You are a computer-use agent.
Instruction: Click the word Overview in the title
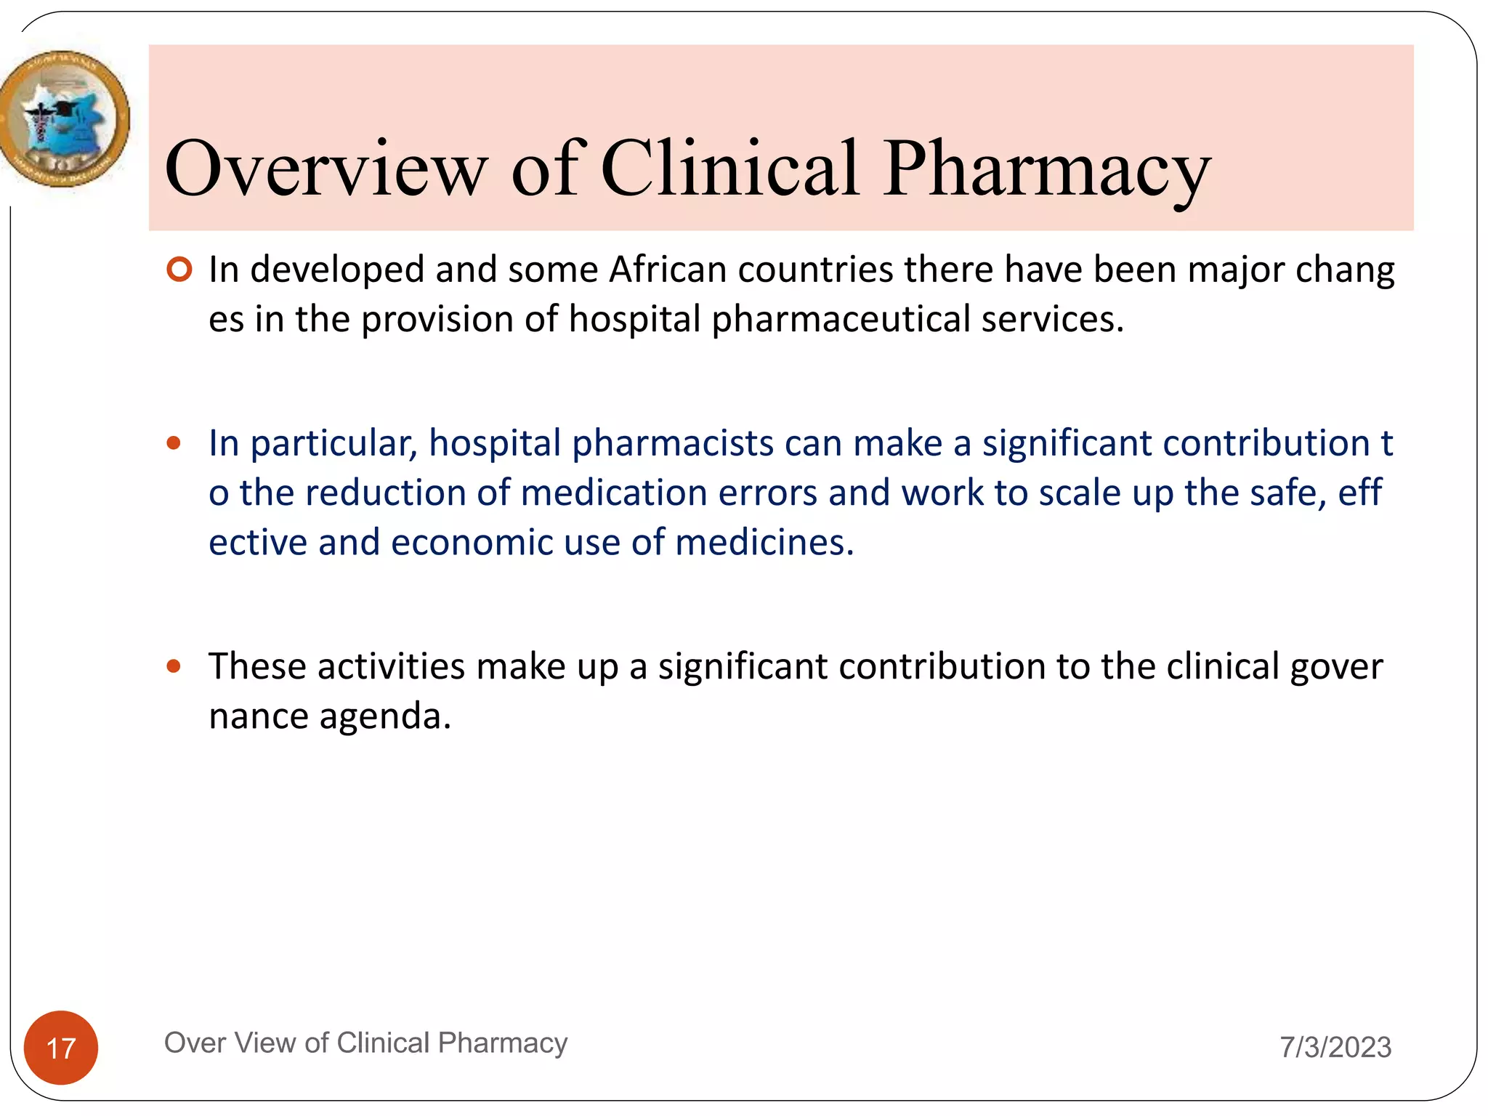pos(325,169)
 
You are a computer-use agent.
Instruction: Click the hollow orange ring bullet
pos(179,270)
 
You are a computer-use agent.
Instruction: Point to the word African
pos(668,270)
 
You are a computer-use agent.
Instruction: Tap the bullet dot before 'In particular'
pos(174,443)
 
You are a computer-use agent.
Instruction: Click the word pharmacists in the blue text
pos(673,443)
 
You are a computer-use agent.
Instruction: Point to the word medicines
pos(764,543)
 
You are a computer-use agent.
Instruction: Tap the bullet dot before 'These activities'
pos(174,666)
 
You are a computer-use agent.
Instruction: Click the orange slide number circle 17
pos(61,1048)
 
